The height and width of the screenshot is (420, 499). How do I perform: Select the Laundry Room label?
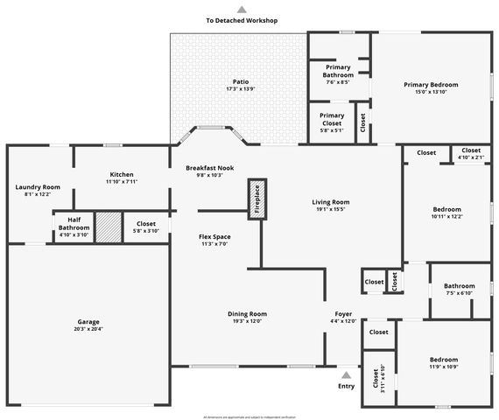pyautogui.click(x=38, y=187)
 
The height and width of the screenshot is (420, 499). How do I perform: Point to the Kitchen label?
pyautogui.click(x=122, y=173)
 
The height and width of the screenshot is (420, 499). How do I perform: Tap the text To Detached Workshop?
pyautogui.click(x=242, y=20)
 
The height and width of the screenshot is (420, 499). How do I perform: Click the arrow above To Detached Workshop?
pyautogui.click(x=242, y=8)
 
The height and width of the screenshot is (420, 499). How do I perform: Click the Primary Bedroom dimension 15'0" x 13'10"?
pyautogui.click(x=431, y=92)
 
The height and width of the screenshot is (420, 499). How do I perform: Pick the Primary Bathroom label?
pyautogui.click(x=338, y=71)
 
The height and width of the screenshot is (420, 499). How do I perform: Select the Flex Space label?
pyautogui.click(x=214, y=236)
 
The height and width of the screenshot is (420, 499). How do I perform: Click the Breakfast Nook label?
pyautogui.click(x=209, y=167)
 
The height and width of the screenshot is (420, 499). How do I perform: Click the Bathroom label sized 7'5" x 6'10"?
pyautogui.click(x=459, y=286)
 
